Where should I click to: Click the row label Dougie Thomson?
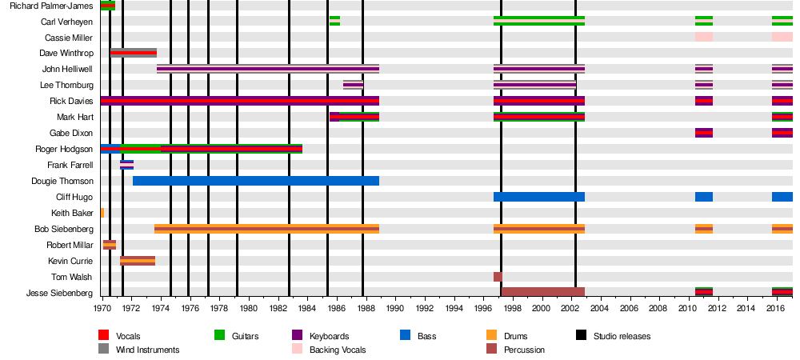click(62, 181)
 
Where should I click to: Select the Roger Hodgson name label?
click(64, 149)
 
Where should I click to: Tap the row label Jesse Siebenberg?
click(60, 293)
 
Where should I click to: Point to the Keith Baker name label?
click(72, 213)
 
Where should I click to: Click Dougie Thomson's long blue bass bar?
click(256, 181)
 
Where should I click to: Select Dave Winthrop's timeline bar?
click(134, 53)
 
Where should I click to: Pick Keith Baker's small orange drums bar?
click(102, 213)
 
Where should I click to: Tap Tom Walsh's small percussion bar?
click(498, 277)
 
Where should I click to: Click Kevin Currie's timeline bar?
click(138, 261)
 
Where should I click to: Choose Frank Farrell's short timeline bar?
click(126, 165)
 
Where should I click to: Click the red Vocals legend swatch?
click(103, 336)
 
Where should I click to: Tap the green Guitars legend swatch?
click(219, 336)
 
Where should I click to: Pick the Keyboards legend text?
click(329, 336)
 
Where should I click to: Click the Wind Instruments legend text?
click(147, 350)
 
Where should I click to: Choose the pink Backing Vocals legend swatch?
click(295, 350)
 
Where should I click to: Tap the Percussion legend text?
click(524, 350)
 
